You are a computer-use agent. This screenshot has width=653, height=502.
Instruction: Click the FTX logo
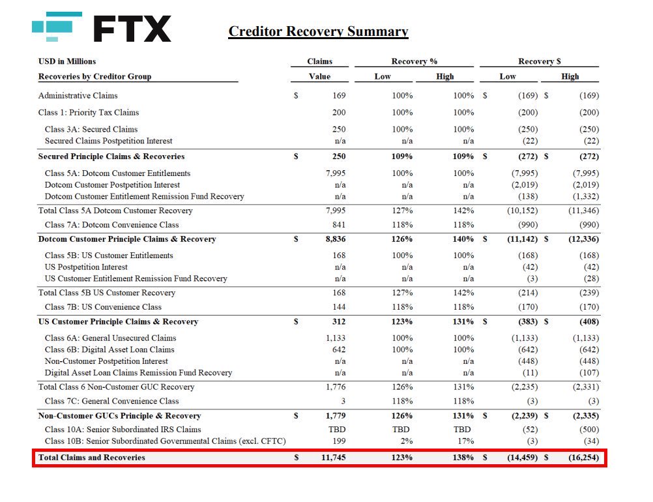(x=102, y=28)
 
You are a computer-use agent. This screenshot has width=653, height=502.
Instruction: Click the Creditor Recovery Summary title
(x=318, y=31)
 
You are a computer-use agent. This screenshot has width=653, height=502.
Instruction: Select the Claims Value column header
(x=319, y=68)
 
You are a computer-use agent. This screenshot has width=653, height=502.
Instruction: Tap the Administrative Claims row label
(x=78, y=96)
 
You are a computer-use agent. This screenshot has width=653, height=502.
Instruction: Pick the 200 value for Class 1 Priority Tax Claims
(x=339, y=113)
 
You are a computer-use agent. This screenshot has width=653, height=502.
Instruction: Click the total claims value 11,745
(x=334, y=458)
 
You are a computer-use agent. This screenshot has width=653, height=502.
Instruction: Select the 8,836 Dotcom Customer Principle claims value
(x=336, y=239)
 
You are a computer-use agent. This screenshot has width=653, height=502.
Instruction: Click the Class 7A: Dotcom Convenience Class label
(x=111, y=225)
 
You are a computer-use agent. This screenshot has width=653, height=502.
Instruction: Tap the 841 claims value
(x=339, y=225)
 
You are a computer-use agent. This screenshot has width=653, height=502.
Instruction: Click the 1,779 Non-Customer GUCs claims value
(x=336, y=416)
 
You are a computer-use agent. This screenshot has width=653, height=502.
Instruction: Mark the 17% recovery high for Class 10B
(x=464, y=441)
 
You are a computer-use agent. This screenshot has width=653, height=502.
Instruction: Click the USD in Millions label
(x=67, y=61)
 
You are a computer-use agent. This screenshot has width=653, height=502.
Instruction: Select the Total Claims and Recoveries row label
(x=92, y=458)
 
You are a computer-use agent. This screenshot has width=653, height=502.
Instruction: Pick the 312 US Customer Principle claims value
(x=338, y=322)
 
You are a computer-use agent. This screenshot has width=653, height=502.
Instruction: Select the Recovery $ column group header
(x=539, y=61)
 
